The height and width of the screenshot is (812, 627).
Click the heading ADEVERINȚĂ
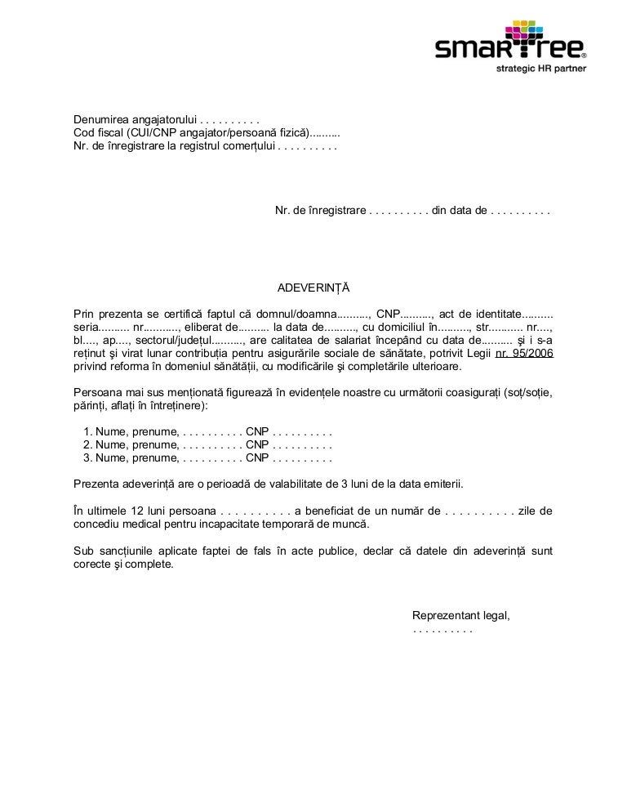click(313, 288)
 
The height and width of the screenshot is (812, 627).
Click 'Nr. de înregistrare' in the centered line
click(319, 212)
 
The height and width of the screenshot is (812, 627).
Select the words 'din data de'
click(458, 212)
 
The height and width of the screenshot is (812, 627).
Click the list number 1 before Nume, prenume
click(87, 432)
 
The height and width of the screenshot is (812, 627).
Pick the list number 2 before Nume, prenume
click(87, 445)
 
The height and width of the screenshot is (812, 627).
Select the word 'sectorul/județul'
click(166, 340)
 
